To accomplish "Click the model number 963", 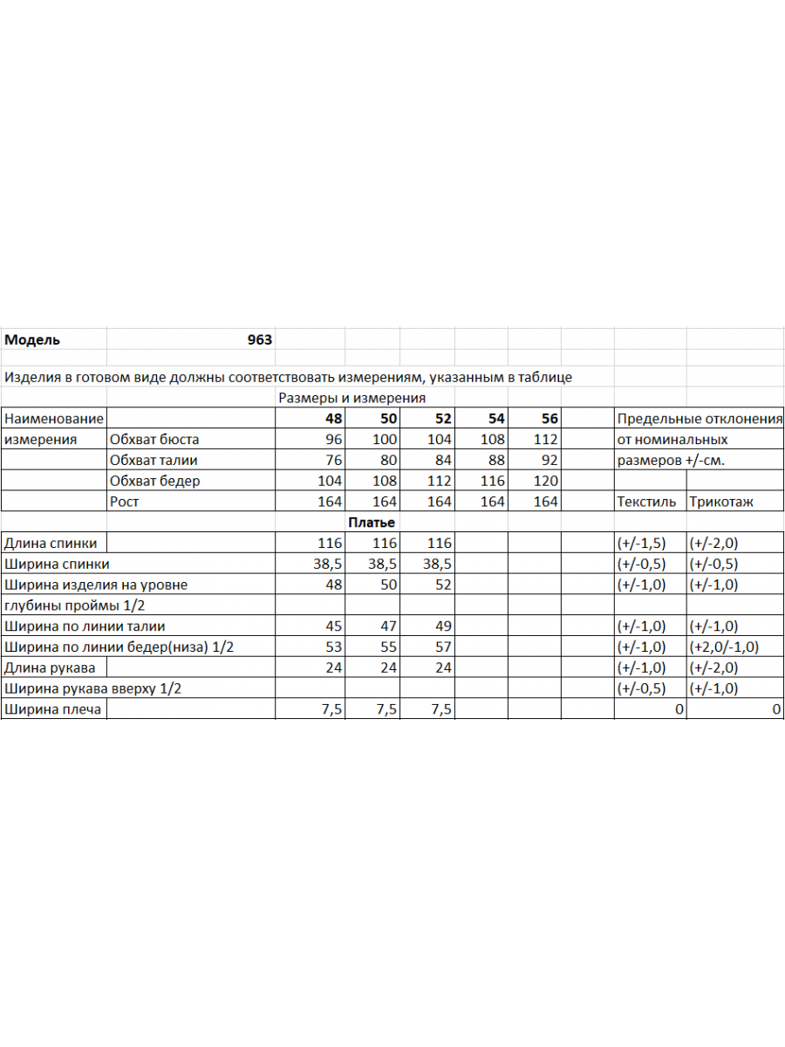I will (x=260, y=339).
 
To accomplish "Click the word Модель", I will (x=32, y=339).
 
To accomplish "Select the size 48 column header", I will (x=333, y=419).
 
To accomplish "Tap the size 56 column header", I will (x=549, y=419).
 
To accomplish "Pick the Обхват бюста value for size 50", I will (x=385, y=440).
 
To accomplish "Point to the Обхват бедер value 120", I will (x=545, y=481).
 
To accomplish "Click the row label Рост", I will (x=125, y=502).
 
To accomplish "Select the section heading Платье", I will (x=372, y=523).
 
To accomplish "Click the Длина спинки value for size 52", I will (x=439, y=543).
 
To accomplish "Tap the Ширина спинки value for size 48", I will (x=328, y=564).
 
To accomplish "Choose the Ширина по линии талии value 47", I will (x=388, y=626).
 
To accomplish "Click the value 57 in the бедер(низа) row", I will (x=442, y=647).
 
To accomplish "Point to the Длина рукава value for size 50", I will (x=388, y=667).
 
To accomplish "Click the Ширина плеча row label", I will (x=52, y=709).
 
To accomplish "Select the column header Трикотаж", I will (x=721, y=502).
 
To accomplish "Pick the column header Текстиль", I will (x=645, y=502).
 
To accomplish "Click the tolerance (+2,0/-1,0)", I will (x=725, y=647).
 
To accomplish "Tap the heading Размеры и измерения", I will (x=352, y=398).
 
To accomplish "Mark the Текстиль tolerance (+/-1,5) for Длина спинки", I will (x=641, y=543).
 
